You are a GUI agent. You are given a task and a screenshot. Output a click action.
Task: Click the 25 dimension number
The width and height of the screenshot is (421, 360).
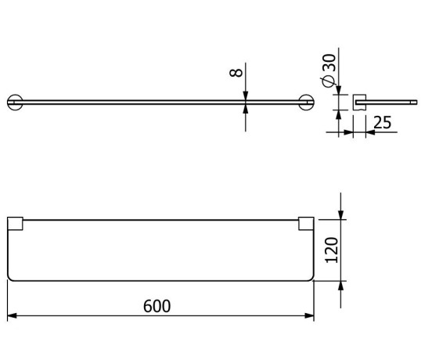(383, 123)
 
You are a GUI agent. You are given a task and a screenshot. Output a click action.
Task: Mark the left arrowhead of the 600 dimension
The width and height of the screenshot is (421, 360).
(11, 316)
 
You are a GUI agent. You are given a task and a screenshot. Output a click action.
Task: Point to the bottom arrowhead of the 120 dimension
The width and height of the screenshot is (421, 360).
(341, 286)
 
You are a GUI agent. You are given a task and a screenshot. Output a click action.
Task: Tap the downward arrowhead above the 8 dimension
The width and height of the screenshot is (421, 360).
(246, 95)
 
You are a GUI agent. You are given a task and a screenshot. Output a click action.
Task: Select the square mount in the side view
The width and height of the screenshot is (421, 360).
(361, 101)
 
